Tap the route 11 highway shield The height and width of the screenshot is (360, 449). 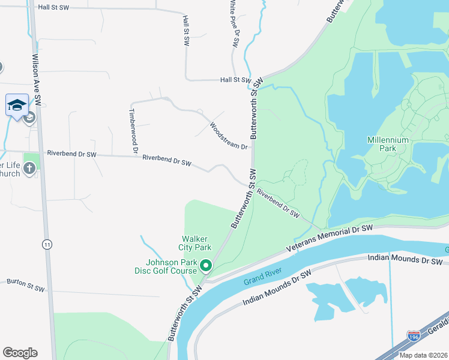[46, 244]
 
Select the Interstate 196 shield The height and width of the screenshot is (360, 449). [413, 337]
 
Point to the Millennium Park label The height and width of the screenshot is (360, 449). [388, 144]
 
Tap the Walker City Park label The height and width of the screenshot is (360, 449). [194, 242]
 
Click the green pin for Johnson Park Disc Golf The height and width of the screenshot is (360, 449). [205, 265]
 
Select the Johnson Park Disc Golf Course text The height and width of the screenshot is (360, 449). [171, 266]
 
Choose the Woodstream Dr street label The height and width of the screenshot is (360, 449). [228, 136]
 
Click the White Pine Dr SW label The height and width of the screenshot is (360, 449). [233, 24]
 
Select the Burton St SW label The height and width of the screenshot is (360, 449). [25, 285]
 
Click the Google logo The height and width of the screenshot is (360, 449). [20, 353]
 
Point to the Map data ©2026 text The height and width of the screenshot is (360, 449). [423, 355]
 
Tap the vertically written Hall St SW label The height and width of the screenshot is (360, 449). [185, 31]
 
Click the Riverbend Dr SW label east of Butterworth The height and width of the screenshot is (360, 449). [277, 204]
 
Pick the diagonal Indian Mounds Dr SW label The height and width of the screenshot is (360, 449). [277, 289]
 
